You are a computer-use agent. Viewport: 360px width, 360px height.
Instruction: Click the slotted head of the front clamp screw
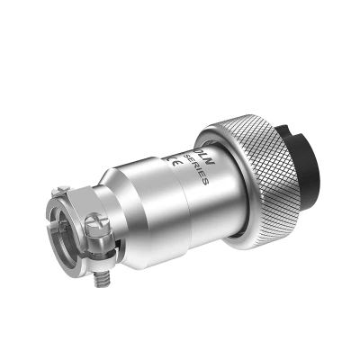(98, 233)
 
